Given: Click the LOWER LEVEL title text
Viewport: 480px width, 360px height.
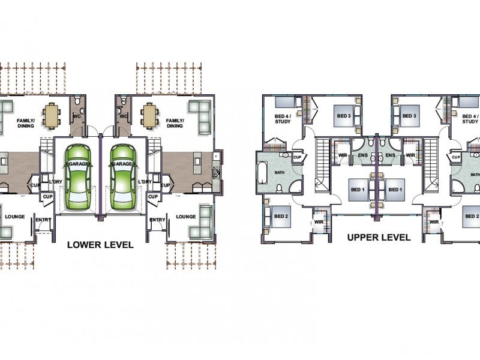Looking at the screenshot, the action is (x=100, y=245).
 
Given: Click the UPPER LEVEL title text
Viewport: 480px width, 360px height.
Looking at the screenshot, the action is (x=379, y=237).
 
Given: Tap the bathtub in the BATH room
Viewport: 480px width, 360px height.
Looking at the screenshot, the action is (x=262, y=173).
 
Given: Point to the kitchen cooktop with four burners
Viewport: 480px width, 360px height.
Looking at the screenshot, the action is (x=217, y=172).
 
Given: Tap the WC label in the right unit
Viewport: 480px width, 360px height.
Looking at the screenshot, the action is (x=124, y=116).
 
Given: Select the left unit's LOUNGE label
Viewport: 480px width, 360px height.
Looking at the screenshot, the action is (x=14, y=217).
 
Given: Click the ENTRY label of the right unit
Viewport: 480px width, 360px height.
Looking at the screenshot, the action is (x=157, y=220).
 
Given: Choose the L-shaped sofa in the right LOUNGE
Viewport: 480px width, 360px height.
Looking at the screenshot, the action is (x=200, y=223).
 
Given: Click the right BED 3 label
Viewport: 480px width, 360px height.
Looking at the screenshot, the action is (x=409, y=116).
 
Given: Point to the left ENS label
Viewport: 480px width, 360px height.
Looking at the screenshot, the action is (x=363, y=155).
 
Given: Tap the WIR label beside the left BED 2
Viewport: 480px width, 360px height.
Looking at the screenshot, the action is (x=319, y=222).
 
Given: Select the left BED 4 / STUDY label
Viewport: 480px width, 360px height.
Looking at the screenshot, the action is (x=283, y=119).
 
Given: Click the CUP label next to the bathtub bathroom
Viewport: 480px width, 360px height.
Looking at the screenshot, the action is (x=297, y=157).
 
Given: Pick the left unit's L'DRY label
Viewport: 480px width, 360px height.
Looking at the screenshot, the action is (x=55, y=182).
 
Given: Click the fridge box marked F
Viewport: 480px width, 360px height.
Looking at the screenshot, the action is (x=217, y=156).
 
